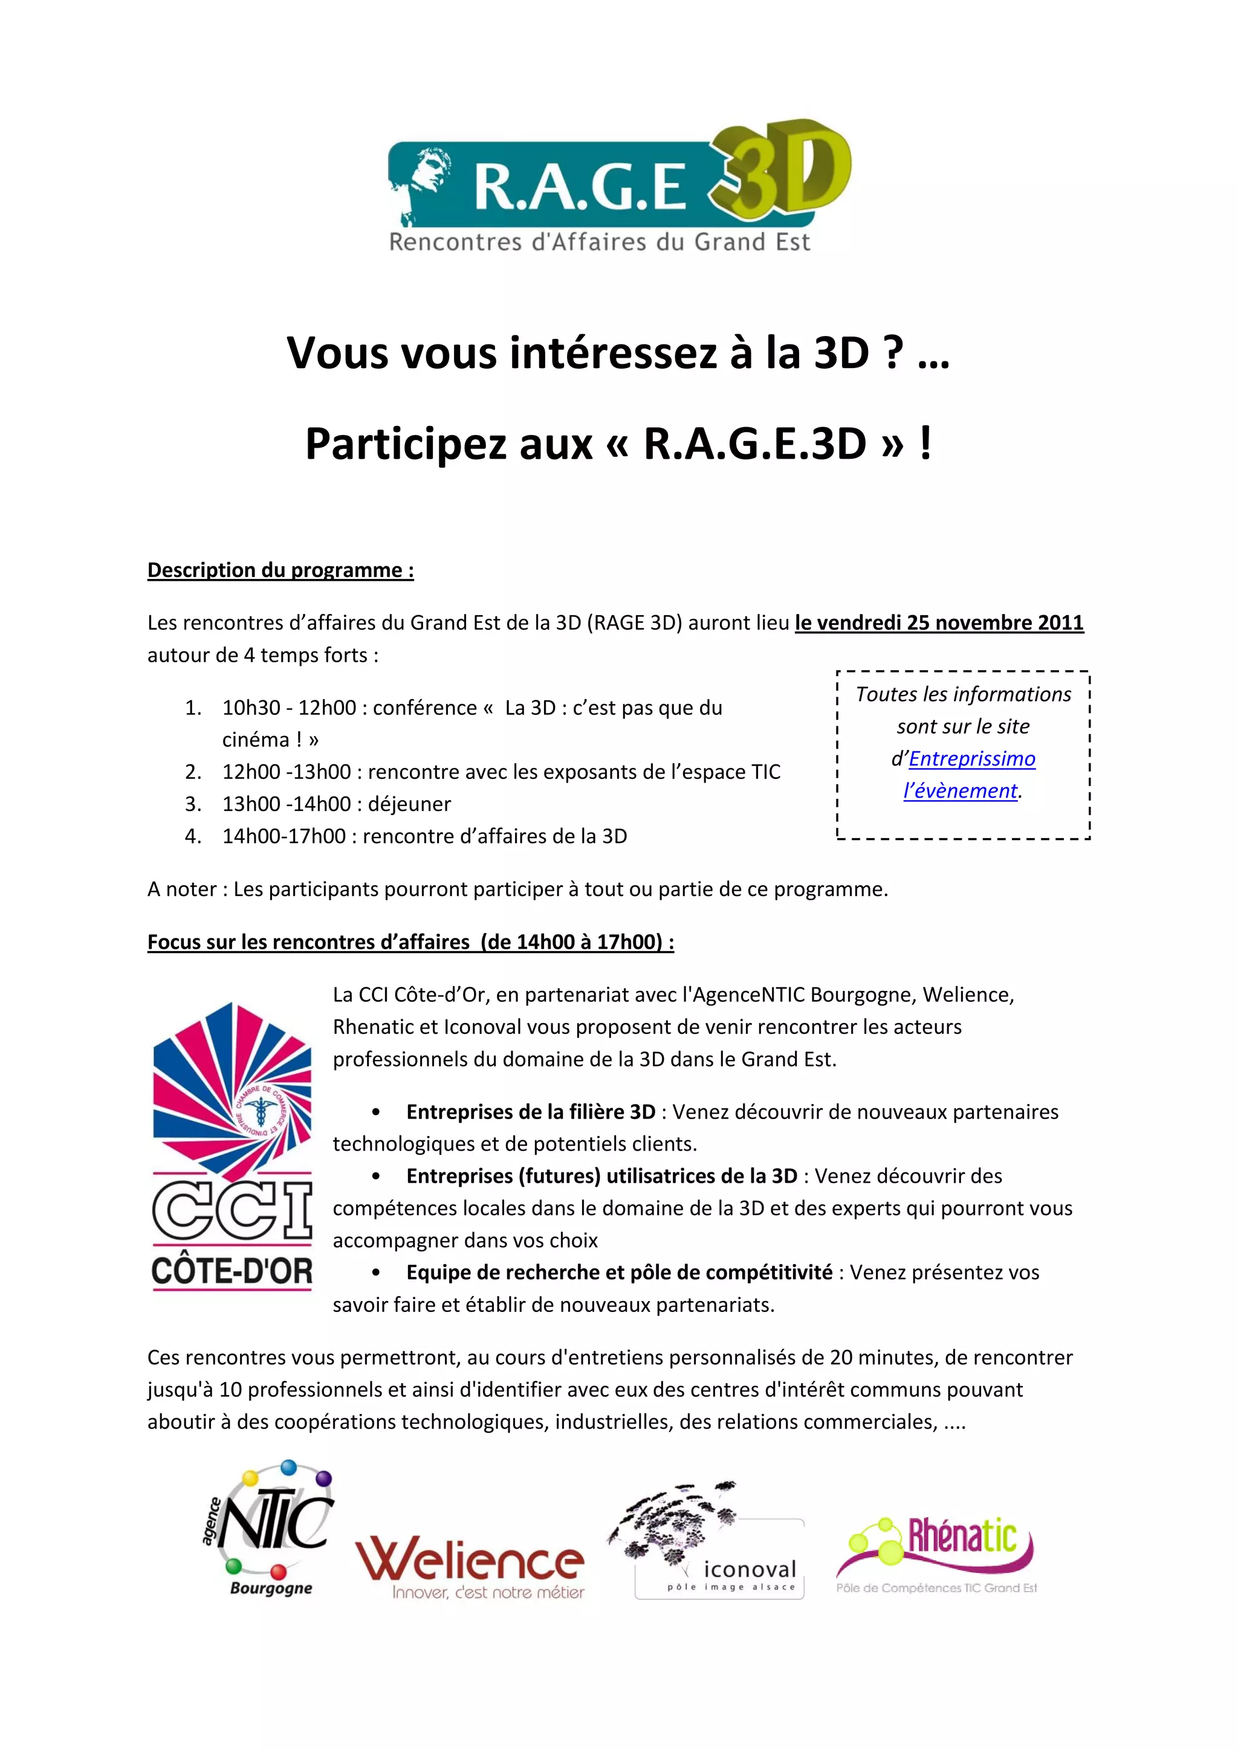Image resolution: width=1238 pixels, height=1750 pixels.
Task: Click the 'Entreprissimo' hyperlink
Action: (972, 758)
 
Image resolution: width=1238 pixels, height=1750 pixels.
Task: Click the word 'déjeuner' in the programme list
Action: (409, 804)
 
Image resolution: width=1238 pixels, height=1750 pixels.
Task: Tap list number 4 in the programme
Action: (193, 836)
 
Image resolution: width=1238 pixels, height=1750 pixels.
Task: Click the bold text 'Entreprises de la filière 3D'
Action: (531, 1112)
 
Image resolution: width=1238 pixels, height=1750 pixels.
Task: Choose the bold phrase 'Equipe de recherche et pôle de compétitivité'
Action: (619, 1272)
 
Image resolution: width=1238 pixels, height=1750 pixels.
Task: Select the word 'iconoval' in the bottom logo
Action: (750, 1569)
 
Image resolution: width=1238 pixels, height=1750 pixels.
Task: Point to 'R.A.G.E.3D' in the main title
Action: (754, 444)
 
